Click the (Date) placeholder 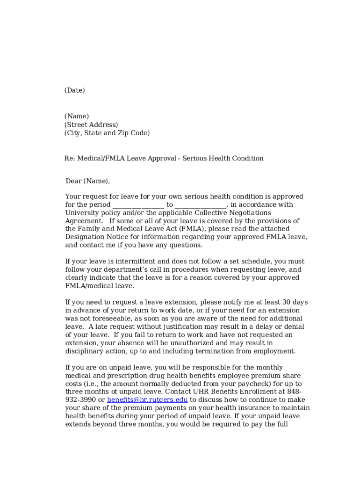74,90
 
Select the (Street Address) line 91,125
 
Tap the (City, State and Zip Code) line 107,133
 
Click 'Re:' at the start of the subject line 70,159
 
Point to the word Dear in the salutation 73,181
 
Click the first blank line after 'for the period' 138,205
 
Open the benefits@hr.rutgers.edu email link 147,400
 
